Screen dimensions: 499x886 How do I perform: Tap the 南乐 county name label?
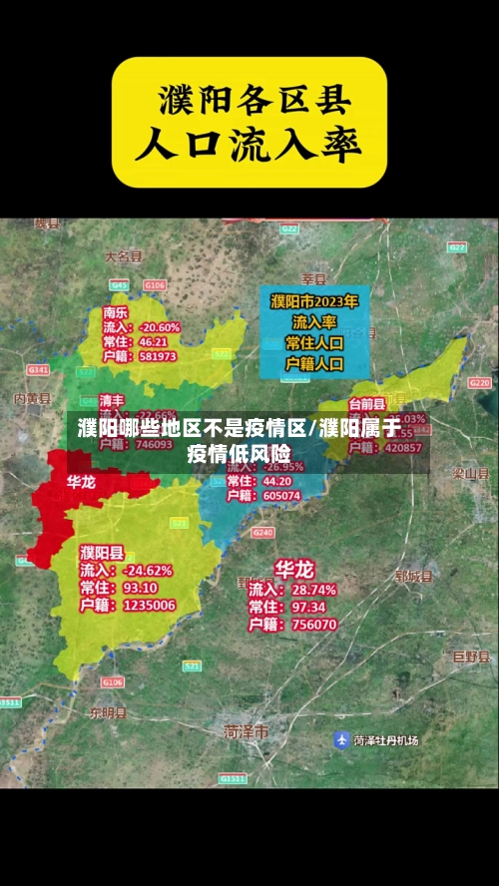point(116,311)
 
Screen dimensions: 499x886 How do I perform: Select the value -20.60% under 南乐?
point(160,326)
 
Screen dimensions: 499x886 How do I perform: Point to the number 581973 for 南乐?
point(158,356)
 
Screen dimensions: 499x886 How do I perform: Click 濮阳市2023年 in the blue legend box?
point(315,299)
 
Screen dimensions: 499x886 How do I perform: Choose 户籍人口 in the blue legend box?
point(315,364)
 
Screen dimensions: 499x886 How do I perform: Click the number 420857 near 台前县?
point(403,448)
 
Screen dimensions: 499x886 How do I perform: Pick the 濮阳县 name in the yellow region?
point(103,552)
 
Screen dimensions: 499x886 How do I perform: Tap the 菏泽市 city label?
point(247,731)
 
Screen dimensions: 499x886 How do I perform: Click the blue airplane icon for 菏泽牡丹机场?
point(341,740)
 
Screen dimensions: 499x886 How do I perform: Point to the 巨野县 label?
point(467,656)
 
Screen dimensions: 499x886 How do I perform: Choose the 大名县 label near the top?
point(125,256)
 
